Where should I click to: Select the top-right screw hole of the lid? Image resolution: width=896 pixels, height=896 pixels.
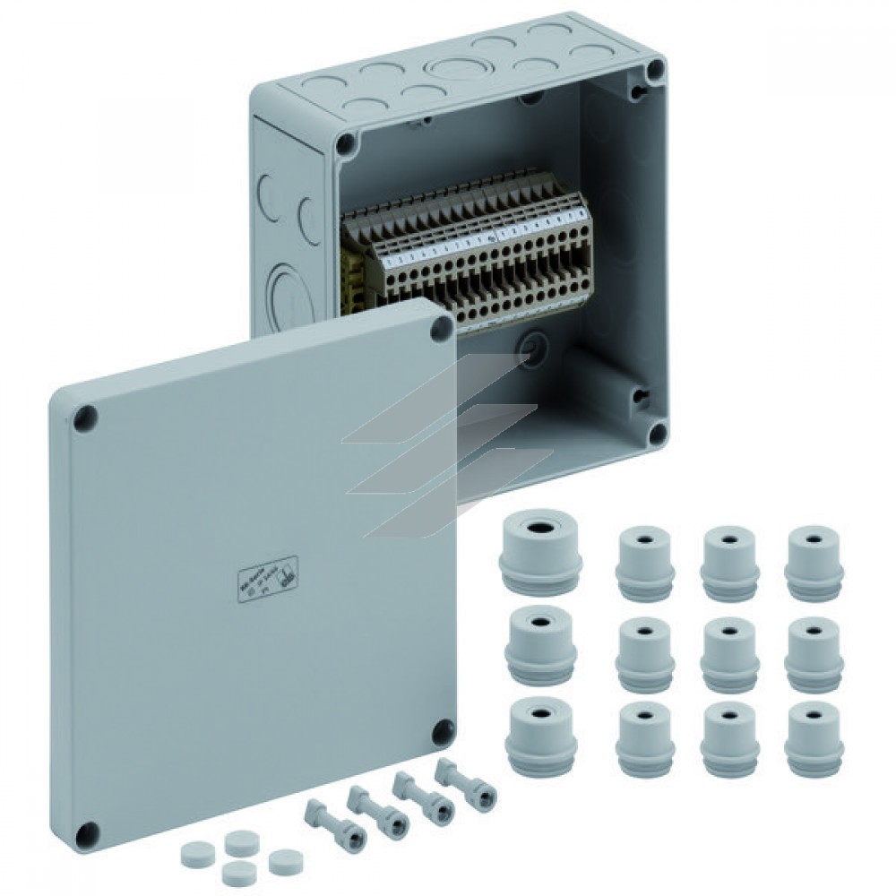click(441, 328)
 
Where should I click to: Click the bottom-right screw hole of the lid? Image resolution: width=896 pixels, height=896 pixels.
click(441, 734)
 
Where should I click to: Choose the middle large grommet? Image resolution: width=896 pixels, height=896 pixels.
click(539, 644)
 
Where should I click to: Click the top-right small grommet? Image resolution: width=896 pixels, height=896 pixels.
click(814, 564)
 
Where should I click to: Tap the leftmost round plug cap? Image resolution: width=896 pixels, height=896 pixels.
click(194, 851)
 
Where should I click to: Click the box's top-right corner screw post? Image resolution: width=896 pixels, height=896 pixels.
click(656, 68)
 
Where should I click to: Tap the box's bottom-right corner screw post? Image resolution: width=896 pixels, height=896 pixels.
click(657, 434)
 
